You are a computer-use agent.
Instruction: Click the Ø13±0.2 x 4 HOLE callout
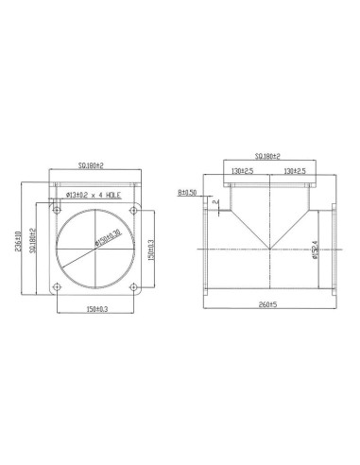pyautogui.click(x=94, y=195)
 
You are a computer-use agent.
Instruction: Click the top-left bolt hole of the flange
pyautogui.click(x=58, y=209)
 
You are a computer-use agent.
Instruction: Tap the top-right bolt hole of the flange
pyautogui.click(x=132, y=209)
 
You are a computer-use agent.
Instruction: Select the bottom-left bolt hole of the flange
pyautogui.click(x=58, y=285)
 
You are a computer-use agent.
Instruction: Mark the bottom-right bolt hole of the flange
pyautogui.click(x=132, y=285)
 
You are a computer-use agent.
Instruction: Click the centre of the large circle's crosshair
pyautogui.click(x=94, y=248)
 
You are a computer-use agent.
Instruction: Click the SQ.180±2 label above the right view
pyautogui.click(x=270, y=156)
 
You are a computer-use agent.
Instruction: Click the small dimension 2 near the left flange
pyautogui.click(x=216, y=202)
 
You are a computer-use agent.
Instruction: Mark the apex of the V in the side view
pyautogui.click(x=271, y=248)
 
